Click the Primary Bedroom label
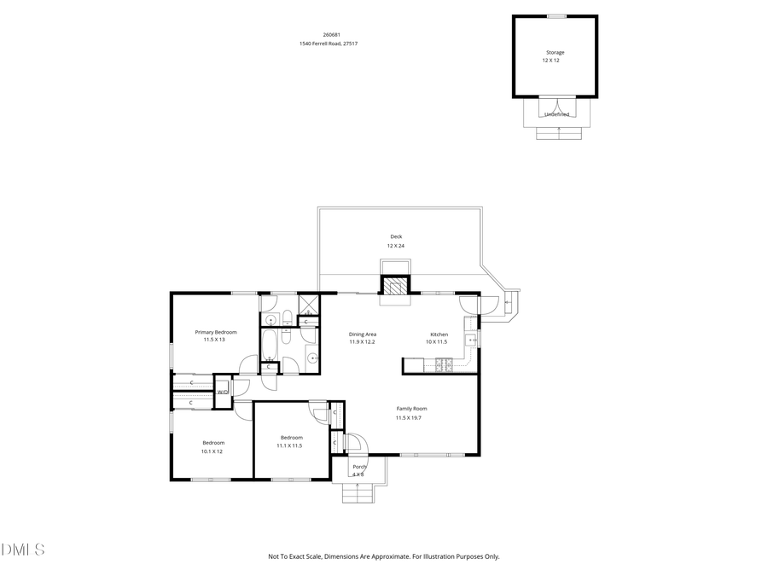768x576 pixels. [x=215, y=332]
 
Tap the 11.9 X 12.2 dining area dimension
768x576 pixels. [x=363, y=342]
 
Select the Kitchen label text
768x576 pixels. [x=439, y=335]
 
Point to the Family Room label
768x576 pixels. [x=411, y=409]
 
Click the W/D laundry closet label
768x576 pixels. [x=222, y=393]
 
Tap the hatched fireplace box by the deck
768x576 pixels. [x=394, y=288]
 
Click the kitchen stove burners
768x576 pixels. [x=445, y=366]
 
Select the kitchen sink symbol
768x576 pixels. [x=471, y=340]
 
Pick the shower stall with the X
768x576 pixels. [x=309, y=304]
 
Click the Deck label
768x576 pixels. [x=396, y=236]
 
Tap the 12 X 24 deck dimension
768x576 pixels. [x=396, y=246]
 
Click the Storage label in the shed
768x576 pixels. [x=555, y=53]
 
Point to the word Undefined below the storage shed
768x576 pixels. [x=556, y=113]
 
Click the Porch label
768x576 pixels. [x=359, y=467]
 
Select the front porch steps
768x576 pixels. [x=358, y=492]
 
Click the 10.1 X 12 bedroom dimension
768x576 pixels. [x=212, y=451]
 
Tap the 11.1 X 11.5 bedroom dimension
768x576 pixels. [x=289, y=445]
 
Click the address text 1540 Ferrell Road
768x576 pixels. [x=328, y=44]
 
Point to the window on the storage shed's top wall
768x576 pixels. [x=556, y=15]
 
